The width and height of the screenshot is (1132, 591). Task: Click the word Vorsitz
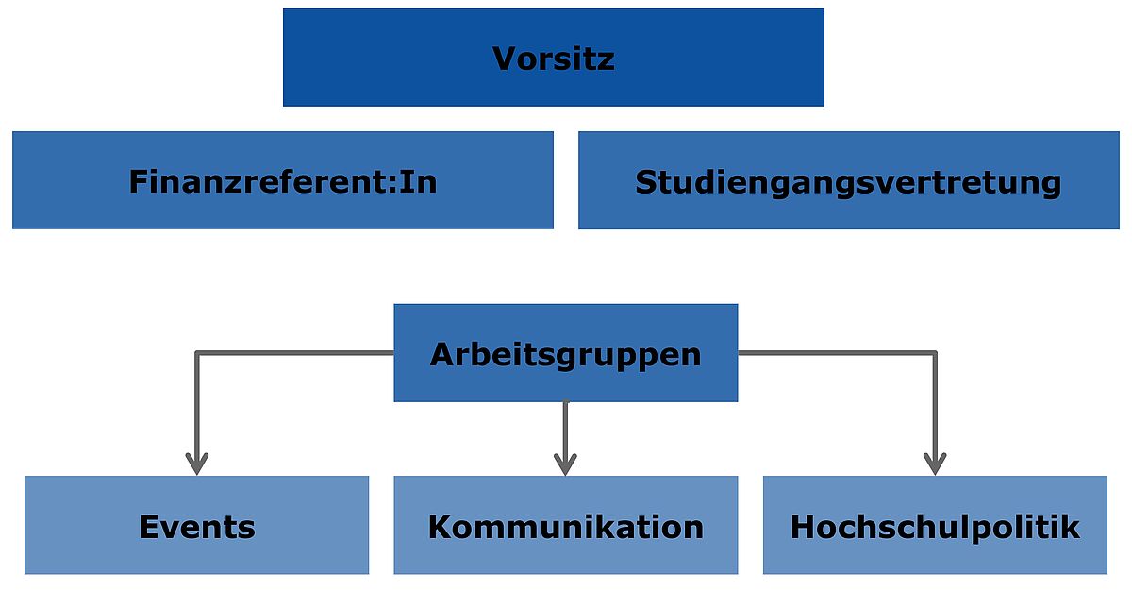[x=554, y=59]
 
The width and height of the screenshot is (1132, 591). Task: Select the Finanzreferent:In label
[x=283, y=181]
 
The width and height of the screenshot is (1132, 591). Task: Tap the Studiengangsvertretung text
[x=848, y=183]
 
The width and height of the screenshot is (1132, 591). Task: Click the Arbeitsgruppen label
[x=565, y=355]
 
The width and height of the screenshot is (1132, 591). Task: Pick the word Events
[x=197, y=528]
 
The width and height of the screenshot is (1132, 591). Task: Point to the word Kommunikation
[x=565, y=528]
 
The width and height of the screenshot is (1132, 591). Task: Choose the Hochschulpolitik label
[x=935, y=529]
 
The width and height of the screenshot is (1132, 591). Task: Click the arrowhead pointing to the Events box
[x=197, y=464]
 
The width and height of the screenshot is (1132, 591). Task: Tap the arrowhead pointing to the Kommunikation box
[x=565, y=464]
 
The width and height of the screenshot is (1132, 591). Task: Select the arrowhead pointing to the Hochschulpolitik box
[x=935, y=464]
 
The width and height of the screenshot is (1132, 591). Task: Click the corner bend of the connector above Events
[x=197, y=353]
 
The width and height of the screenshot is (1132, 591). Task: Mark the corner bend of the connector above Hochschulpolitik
[x=935, y=353]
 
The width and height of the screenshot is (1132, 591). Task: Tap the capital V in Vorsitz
[x=506, y=59]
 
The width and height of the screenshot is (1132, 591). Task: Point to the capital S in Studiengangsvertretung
[x=647, y=182]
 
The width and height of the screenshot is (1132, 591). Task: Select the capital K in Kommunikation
[x=441, y=528]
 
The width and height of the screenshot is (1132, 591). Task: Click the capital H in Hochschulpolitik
[x=804, y=528]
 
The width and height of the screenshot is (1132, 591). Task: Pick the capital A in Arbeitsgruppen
[x=443, y=354]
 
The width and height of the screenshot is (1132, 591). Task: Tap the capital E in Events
[x=150, y=528]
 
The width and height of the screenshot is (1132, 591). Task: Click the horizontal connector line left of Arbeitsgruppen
[x=295, y=353]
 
